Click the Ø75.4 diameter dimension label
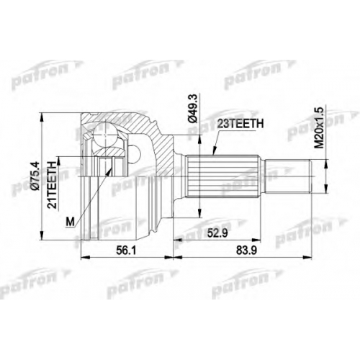(x=36, y=176)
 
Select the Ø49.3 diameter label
(x=194, y=109)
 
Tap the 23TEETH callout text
(x=240, y=124)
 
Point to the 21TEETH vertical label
(x=52, y=184)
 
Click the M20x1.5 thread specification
(x=319, y=127)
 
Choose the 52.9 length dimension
(x=217, y=233)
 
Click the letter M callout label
(x=70, y=222)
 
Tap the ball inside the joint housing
(x=105, y=135)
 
